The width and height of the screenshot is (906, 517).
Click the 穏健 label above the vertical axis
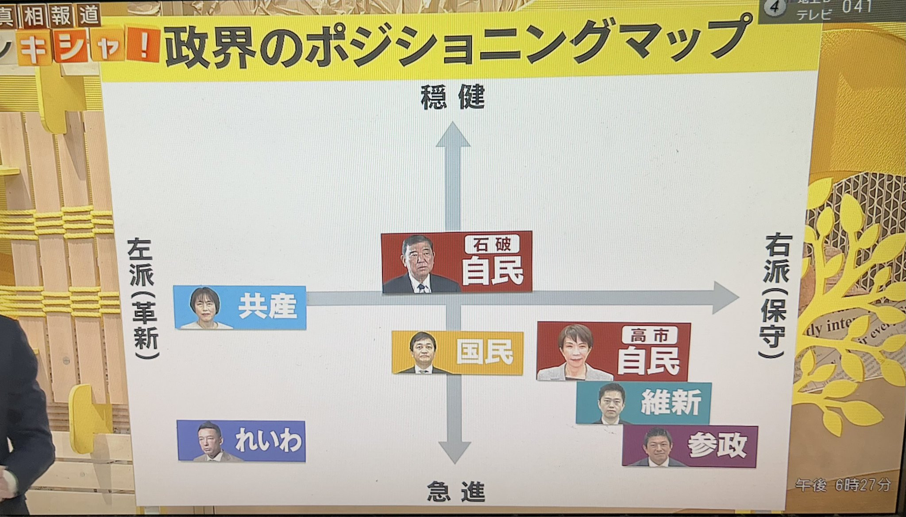coord(452,97)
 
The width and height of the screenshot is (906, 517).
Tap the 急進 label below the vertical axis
coord(455,492)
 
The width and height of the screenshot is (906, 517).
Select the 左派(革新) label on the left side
coord(143,299)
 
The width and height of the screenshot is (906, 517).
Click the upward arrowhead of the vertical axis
coord(453,135)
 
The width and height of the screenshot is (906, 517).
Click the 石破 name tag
coord(492,244)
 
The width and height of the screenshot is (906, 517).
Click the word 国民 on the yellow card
coord(485,352)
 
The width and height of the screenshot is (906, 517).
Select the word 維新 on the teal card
coord(671,402)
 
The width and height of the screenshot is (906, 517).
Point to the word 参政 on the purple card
coord(717,445)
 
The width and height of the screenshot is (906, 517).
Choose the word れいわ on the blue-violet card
coord(269,441)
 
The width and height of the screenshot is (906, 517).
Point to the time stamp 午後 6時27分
coord(843,485)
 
